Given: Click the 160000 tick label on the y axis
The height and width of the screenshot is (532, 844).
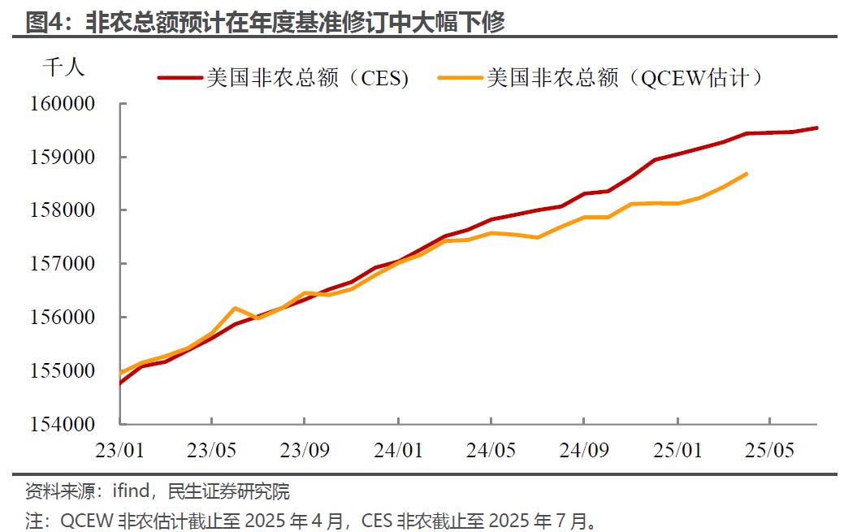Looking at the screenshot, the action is pyautogui.click(x=63, y=103).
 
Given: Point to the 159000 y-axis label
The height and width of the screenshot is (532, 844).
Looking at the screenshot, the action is pyautogui.click(x=63, y=158).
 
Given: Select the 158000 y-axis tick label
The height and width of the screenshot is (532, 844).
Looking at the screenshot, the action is pyautogui.click(x=63, y=210).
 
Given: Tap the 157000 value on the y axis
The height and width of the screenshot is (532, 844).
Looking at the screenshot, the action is pyautogui.click(x=63, y=263).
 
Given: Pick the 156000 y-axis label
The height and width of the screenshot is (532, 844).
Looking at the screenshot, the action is pyautogui.click(x=63, y=317).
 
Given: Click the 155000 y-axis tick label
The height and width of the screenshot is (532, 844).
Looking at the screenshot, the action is pyautogui.click(x=63, y=370).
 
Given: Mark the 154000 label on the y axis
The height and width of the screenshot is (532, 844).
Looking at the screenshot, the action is pyautogui.click(x=63, y=424).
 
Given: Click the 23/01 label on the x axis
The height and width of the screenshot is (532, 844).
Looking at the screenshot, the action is pyautogui.click(x=119, y=450).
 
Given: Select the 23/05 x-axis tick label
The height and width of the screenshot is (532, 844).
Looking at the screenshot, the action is pyautogui.click(x=211, y=450).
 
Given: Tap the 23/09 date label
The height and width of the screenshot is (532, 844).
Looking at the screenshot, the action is pyautogui.click(x=305, y=450).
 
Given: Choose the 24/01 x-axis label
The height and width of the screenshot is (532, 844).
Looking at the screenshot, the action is pyautogui.click(x=398, y=450).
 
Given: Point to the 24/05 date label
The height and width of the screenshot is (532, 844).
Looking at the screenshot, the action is pyautogui.click(x=491, y=450).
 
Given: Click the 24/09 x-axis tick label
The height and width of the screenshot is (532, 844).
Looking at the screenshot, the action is pyautogui.click(x=584, y=450).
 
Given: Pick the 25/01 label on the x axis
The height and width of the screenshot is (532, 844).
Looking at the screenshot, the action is pyautogui.click(x=677, y=450).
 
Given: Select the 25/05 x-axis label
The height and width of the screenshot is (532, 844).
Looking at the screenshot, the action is pyautogui.click(x=770, y=450).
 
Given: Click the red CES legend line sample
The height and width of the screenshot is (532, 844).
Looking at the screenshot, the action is pyautogui.click(x=180, y=77).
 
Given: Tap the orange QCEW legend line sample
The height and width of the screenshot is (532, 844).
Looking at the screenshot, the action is pyautogui.click(x=461, y=77).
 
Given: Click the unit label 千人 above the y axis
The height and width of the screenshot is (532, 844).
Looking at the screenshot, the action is pyautogui.click(x=63, y=67).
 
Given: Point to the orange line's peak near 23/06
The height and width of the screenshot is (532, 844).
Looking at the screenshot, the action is pyautogui.click(x=235, y=308).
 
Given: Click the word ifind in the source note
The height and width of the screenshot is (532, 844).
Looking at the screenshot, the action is pyautogui.click(x=131, y=491).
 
